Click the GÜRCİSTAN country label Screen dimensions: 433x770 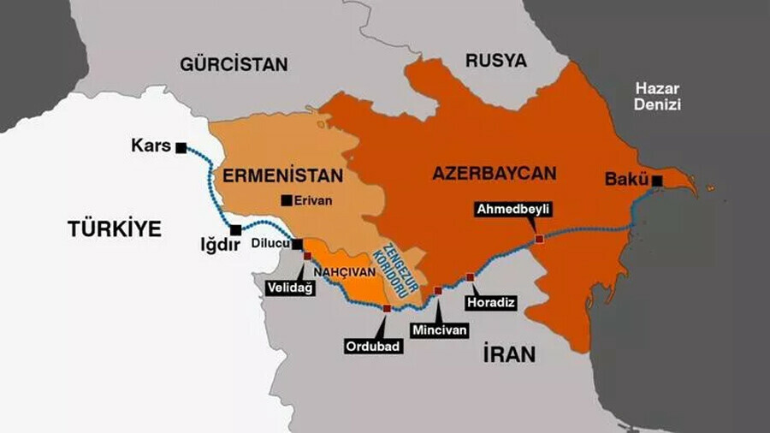click(234, 64)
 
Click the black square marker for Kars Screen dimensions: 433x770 click(181, 148)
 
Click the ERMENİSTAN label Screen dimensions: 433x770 click(283, 175)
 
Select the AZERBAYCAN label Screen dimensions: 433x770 click(494, 173)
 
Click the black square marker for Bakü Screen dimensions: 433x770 click(656, 181)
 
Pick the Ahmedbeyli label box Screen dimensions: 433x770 click(514, 211)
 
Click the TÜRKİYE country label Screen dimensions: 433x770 click(115, 228)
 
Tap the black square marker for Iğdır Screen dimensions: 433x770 click(235, 229)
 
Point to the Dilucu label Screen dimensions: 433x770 click(270, 244)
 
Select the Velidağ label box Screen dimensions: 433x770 click(291, 288)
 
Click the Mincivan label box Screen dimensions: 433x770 click(438, 328)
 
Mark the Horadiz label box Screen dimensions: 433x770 click(489, 302)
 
